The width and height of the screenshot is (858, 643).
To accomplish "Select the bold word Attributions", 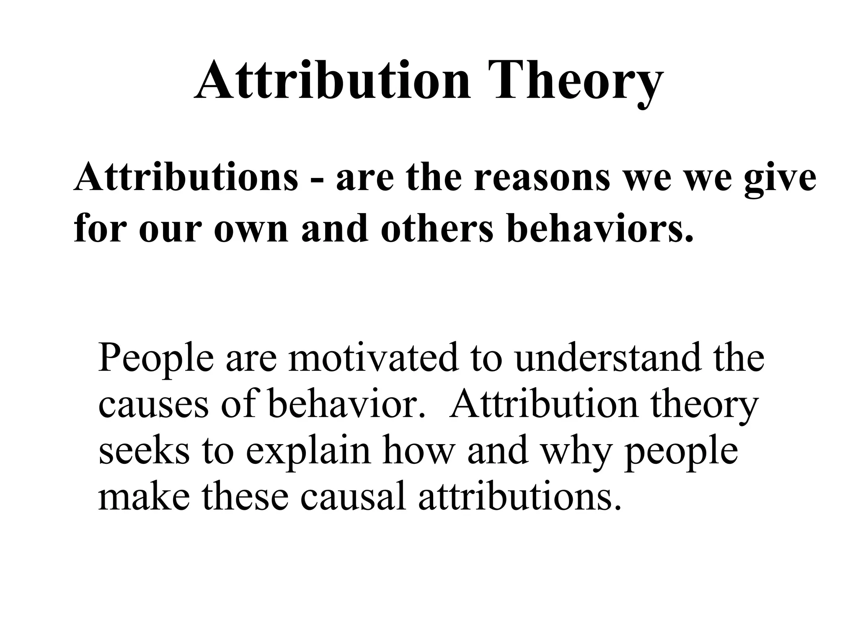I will (186, 177).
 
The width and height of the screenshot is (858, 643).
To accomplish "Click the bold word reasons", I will (542, 177).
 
